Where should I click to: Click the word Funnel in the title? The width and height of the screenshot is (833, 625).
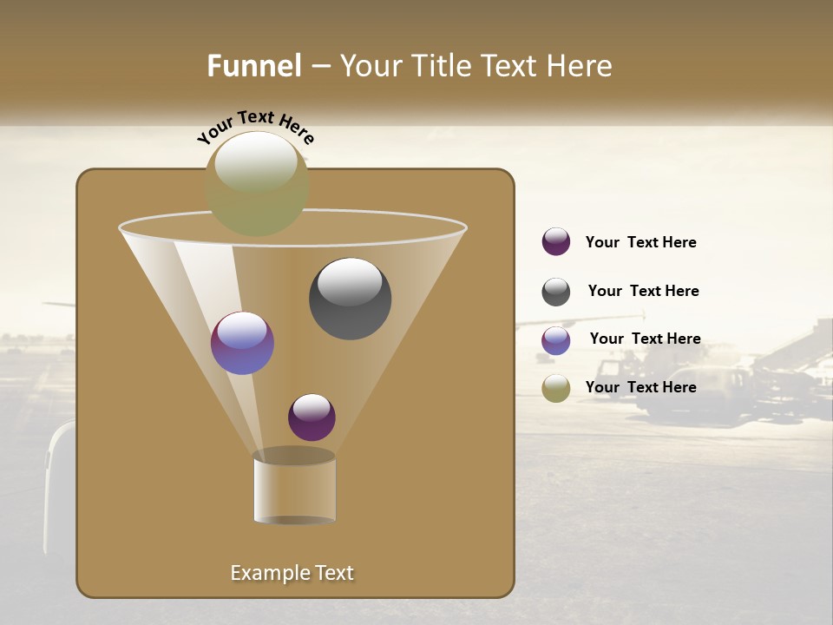(253, 66)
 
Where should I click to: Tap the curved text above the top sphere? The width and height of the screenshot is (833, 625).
(256, 127)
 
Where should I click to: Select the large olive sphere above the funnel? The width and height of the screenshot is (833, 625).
(257, 184)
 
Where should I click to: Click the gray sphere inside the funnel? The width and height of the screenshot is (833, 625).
(351, 299)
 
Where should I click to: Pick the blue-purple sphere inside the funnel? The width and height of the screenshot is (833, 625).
(242, 343)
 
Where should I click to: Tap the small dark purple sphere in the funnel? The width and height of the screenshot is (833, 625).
(312, 418)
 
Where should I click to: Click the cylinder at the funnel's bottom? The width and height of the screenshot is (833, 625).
(294, 488)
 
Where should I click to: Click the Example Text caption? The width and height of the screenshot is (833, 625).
(292, 573)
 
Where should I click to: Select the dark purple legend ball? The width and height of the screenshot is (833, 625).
(556, 242)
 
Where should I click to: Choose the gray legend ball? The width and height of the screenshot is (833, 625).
(556, 292)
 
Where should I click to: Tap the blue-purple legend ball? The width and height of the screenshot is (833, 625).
(556, 340)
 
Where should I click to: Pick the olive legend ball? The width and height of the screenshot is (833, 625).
(556, 388)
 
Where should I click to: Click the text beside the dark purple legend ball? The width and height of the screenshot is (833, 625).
(640, 243)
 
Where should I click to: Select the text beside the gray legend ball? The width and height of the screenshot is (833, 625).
(643, 291)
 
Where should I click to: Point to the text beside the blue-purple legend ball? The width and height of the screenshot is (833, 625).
(645, 339)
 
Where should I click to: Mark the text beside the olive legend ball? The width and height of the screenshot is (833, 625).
(640, 387)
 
